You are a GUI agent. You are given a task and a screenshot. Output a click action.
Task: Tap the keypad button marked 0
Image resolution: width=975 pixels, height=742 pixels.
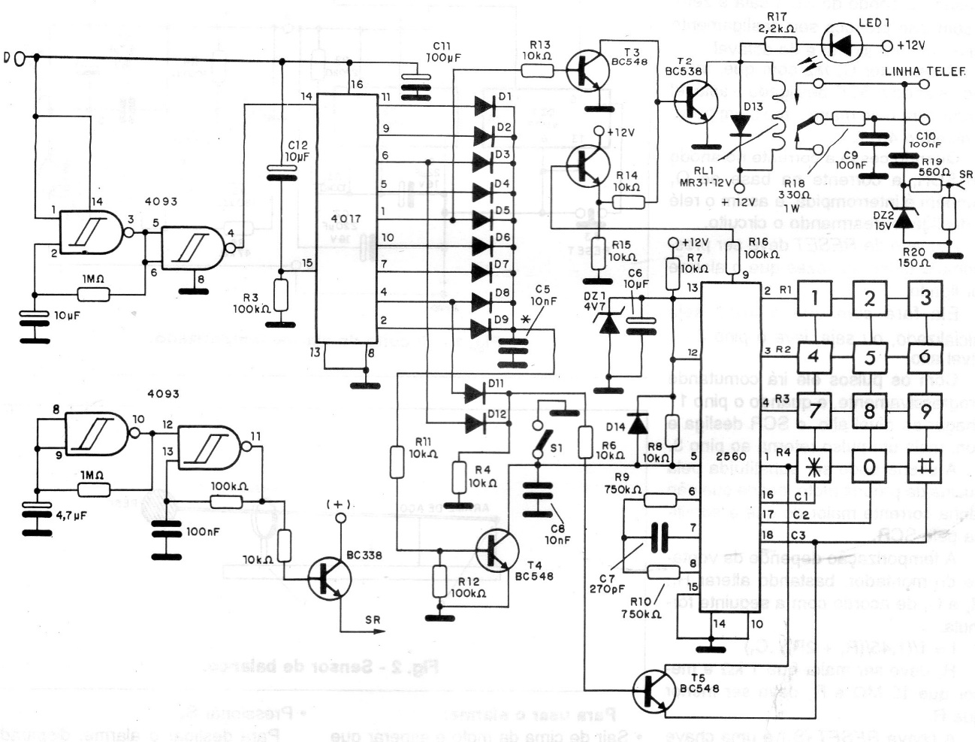(x=869, y=467)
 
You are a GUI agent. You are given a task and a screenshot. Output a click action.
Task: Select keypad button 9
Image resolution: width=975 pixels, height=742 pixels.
(x=925, y=411)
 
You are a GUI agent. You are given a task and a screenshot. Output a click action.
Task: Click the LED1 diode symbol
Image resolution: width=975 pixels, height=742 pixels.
(x=843, y=46)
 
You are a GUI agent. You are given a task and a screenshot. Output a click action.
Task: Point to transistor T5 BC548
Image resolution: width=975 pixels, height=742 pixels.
(x=651, y=689)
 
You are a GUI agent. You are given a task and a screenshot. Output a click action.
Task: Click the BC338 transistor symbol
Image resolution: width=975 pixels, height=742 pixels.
(x=331, y=577)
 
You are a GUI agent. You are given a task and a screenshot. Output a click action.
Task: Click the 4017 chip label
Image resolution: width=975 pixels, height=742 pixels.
(x=345, y=219)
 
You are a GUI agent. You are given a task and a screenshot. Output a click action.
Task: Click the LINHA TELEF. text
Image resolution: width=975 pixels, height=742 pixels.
(x=925, y=71)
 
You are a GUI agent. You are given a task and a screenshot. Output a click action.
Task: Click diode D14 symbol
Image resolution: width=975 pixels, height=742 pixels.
(x=638, y=424)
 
